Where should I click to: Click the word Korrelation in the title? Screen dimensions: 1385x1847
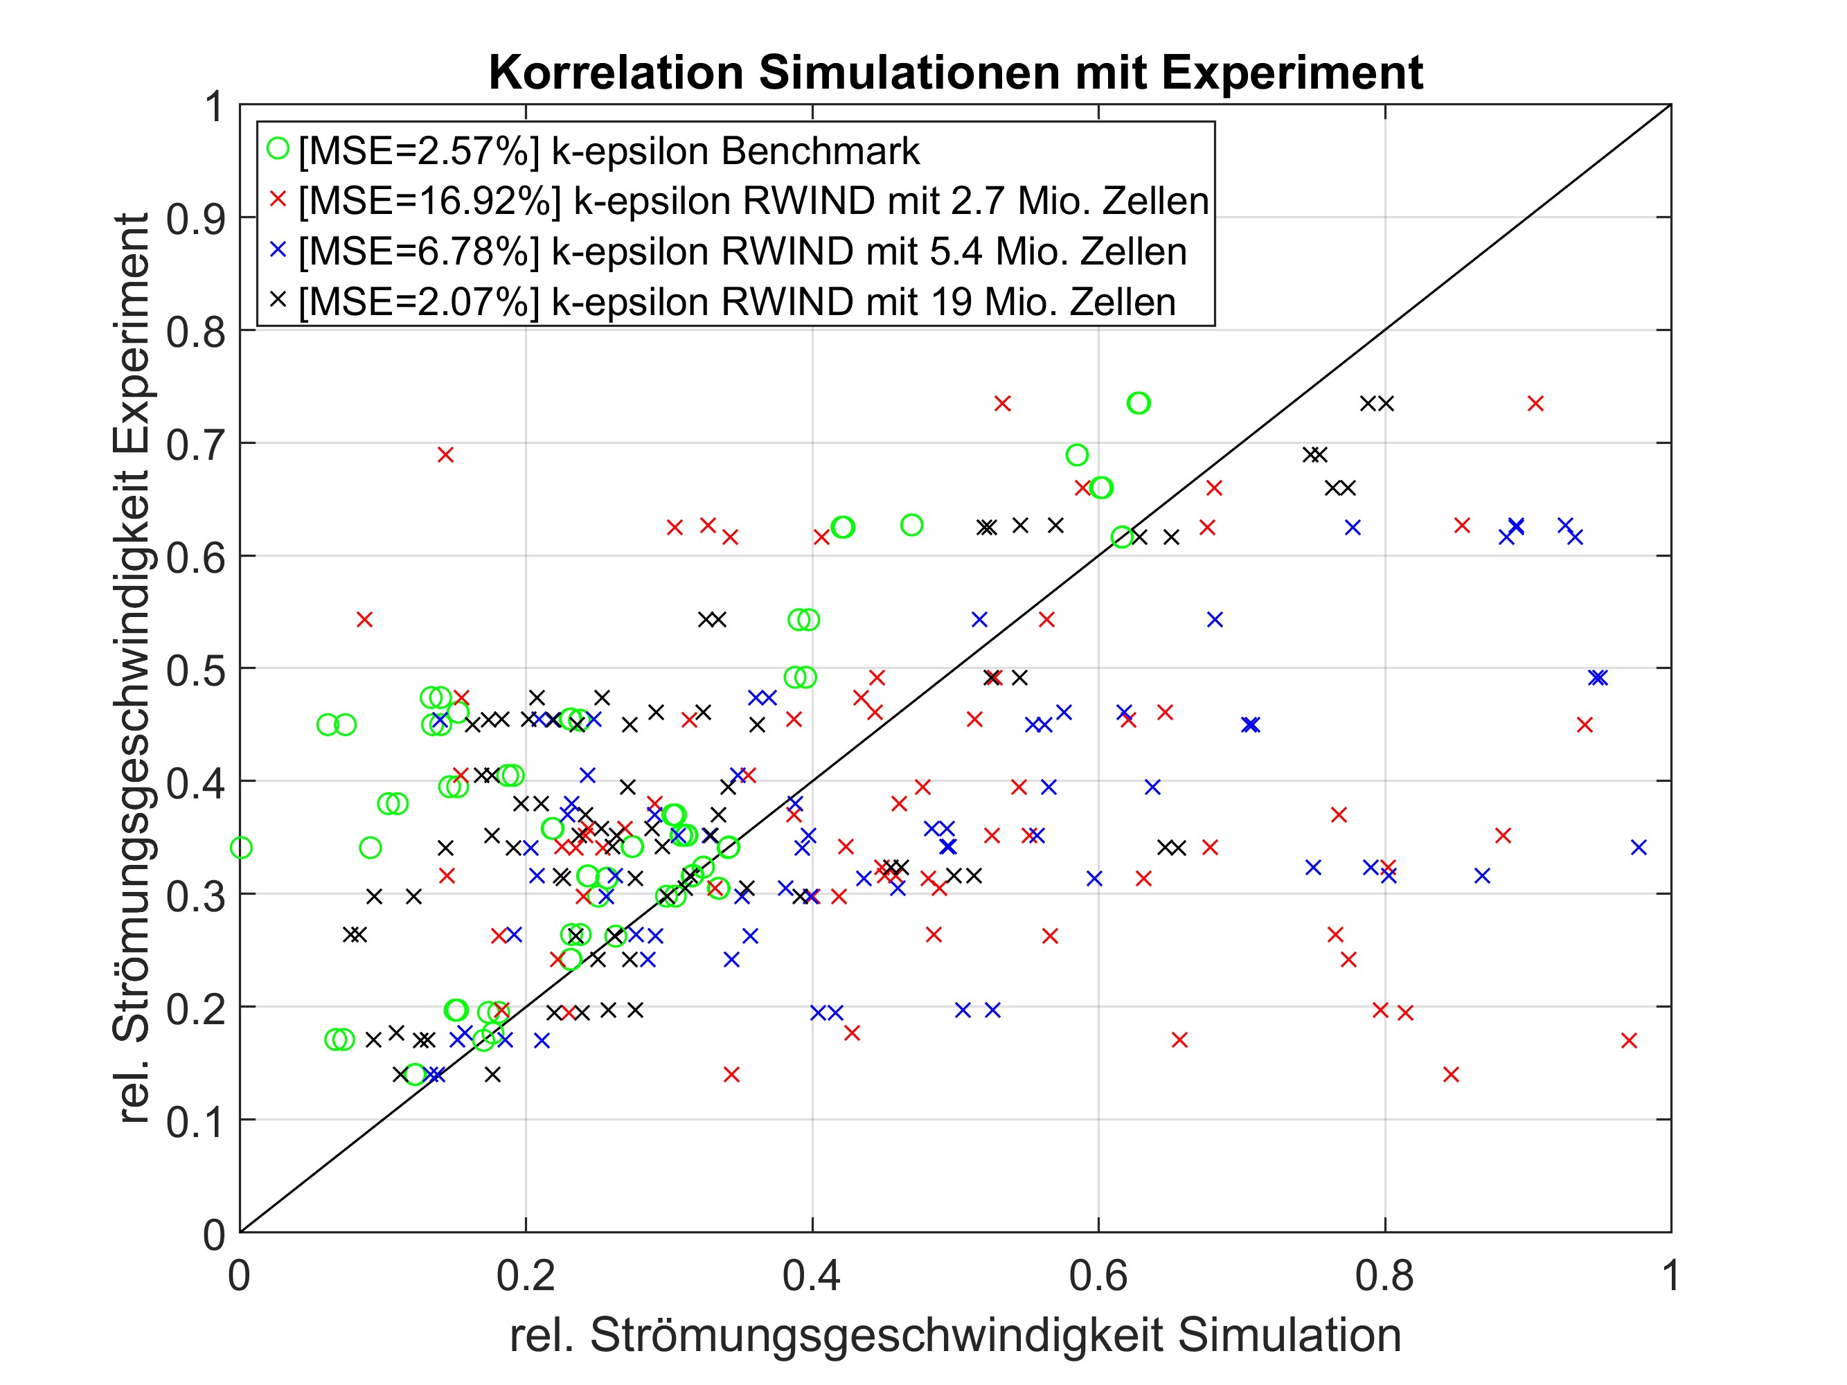coord(616,73)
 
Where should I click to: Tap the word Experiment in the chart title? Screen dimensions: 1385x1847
coord(1291,73)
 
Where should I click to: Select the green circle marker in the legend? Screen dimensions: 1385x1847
coord(277,149)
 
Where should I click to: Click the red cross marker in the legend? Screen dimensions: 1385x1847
coord(277,199)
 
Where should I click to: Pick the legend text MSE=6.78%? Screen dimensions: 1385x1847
coord(419,251)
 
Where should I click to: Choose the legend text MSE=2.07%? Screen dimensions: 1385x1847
coord(419,301)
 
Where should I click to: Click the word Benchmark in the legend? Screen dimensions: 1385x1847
coord(820,151)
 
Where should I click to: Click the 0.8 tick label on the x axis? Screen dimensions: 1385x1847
coord(1384,1276)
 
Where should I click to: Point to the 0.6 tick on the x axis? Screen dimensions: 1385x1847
coord(1098,1276)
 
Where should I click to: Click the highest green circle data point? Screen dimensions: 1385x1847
coord(1138,403)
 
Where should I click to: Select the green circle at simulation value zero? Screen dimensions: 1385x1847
coord(240,848)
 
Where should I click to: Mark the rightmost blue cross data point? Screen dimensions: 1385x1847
coord(1639,848)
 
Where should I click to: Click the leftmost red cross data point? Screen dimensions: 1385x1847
coord(364,620)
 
